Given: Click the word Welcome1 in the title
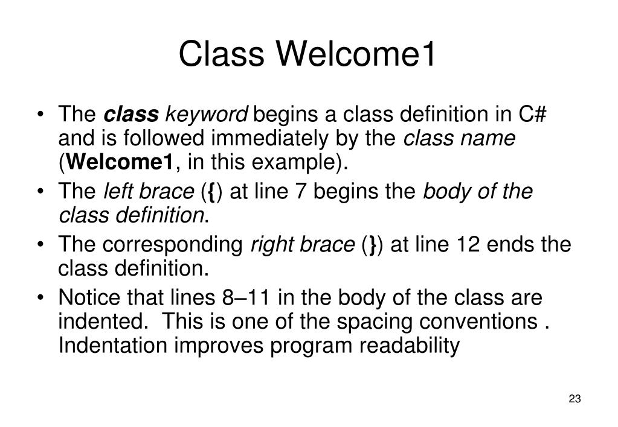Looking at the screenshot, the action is pos(355,54).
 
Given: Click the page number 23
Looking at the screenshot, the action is pos(575,399).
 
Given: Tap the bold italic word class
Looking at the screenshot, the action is pos(131,114).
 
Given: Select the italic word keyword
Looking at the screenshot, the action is pos(207,115).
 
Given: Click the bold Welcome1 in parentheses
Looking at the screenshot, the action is pos(120,162).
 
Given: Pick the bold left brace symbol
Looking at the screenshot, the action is pos(211,192).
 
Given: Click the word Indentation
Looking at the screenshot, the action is pos(113,345).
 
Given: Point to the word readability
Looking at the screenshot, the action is pos(410,346).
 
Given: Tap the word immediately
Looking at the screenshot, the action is pos(269,139).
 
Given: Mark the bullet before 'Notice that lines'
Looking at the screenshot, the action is pos(40,297).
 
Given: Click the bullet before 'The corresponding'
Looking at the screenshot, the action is pos(40,244).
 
